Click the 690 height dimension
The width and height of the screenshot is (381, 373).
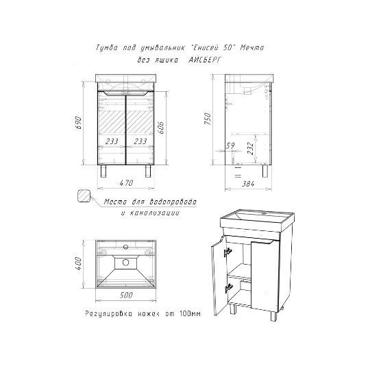click(x=79, y=123)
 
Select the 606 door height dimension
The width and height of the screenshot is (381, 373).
click(x=160, y=127)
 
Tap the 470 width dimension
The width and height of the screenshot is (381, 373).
click(x=126, y=182)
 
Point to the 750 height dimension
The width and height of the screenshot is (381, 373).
click(x=208, y=119)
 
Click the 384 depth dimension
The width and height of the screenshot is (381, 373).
click(x=248, y=184)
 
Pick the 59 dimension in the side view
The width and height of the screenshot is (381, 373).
click(x=230, y=145)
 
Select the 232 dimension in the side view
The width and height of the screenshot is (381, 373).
click(x=250, y=149)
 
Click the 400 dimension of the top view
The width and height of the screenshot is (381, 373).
click(x=79, y=263)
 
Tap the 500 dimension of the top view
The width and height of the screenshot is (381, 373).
click(x=126, y=295)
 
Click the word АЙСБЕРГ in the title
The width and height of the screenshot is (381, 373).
click(x=205, y=60)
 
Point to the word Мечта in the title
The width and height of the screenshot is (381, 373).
click(x=251, y=48)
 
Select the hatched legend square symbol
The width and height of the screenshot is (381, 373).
click(x=84, y=196)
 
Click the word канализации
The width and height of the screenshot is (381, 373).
click(x=155, y=213)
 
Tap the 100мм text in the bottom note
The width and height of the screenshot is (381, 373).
click(x=190, y=313)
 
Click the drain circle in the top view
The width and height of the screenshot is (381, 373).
click(x=126, y=263)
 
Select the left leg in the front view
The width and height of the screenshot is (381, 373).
click(x=104, y=171)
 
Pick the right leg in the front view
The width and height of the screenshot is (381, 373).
click(x=148, y=171)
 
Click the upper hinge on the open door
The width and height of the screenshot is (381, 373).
click(x=228, y=252)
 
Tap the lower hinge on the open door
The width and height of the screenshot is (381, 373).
click(x=228, y=288)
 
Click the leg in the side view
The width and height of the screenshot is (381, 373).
click(x=265, y=171)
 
